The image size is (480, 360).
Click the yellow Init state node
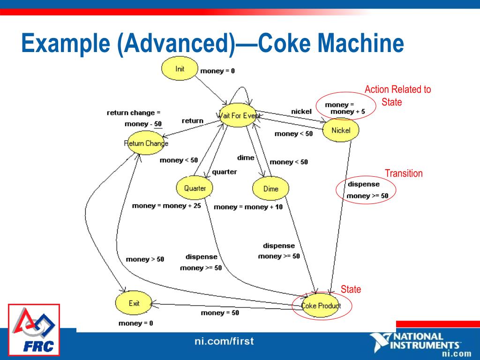pyautogui.click(x=180, y=69)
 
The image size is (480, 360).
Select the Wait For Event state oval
pyautogui.click(x=238, y=115)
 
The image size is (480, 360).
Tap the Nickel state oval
pyautogui.click(x=341, y=130)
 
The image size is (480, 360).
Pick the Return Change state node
pyautogui.click(x=146, y=143)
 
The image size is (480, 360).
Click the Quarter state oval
pyautogui.click(x=195, y=188)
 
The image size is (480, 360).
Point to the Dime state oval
pyautogui.click(x=271, y=189)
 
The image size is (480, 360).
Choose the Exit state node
pyautogui.click(x=134, y=303)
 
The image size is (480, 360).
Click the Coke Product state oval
pyautogui.click(x=321, y=306)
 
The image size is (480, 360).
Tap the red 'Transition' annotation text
pyautogui.click(x=404, y=173)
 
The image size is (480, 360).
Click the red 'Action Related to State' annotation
pyautogui.click(x=397, y=96)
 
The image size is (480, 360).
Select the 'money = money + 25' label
pyautogui.click(x=166, y=206)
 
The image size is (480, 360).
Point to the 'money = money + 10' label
pyautogui.click(x=248, y=207)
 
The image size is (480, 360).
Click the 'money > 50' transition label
pyautogui.click(x=145, y=259)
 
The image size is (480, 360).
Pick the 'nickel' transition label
pyautogui.click(x=301, y=112)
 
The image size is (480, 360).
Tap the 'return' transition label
pyautogui.click(x=192, y=121)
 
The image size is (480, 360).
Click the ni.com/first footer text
pyautogui.click(x=224, y=341)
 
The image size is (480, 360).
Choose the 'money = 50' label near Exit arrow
pyautogui.click(x=220, y=313)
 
